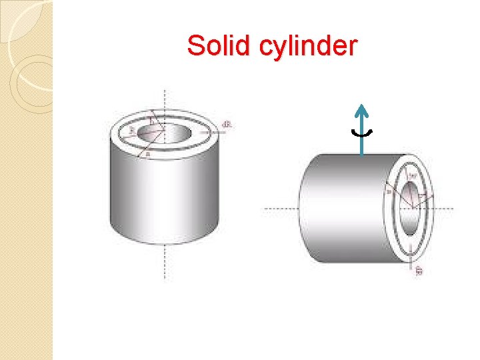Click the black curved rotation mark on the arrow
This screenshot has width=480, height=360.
[x=362, y=133]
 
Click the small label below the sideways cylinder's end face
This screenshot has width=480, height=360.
[x=419, y=271]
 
